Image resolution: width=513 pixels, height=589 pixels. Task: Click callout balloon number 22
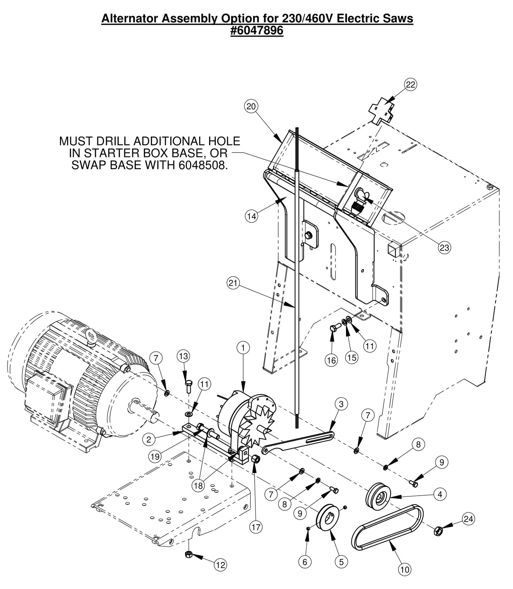(x=410, y=84)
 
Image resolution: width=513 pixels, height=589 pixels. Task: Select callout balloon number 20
(x=251, y=106)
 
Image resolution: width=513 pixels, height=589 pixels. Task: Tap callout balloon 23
(x=444, y=247)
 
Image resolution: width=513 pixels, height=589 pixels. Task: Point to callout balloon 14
(x=251, y=216)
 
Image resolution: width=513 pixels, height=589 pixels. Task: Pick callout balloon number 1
(x=243, y=348)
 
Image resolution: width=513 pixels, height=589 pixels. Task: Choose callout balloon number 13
(x=184, y=356)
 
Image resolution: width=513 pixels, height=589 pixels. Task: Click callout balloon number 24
(x=469, y=519)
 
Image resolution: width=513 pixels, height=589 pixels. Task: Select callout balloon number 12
(x=220, y=565)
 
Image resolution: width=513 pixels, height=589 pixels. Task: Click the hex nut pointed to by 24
(x=438, y=531)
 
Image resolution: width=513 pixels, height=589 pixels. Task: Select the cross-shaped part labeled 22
(x=382, y=111)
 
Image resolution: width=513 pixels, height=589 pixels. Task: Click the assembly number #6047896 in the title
(x=257, y=31)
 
